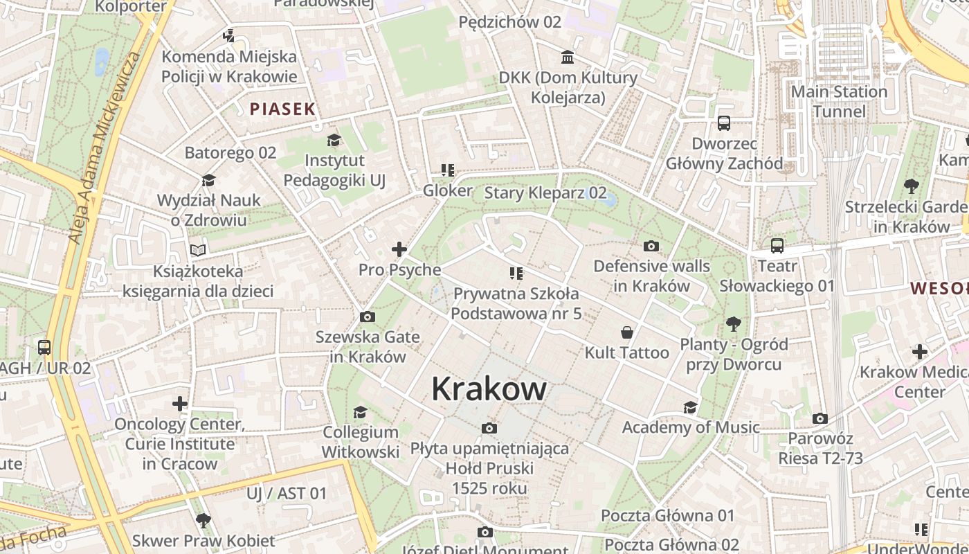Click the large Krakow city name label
[489, 389]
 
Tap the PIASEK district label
[282, 109]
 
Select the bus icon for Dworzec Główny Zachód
[724, 123]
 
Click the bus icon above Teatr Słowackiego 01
[777, 245]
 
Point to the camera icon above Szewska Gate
[368, 317]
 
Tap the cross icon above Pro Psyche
[399, 249]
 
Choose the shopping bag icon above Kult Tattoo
[627, 332]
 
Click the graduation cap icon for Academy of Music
[690, 407]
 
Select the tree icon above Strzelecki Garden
[912, 186]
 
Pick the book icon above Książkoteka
[198, 250]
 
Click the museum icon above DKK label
[568, 57]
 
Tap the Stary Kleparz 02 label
[545, 193]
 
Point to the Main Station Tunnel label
[839, 101]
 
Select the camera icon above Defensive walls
[651, 246]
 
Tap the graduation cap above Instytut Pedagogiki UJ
[334, 141]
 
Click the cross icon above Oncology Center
[180, 403]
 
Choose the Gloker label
[448, 190]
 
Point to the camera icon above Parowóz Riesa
[820, 418]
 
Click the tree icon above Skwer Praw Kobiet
[203, 520]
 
